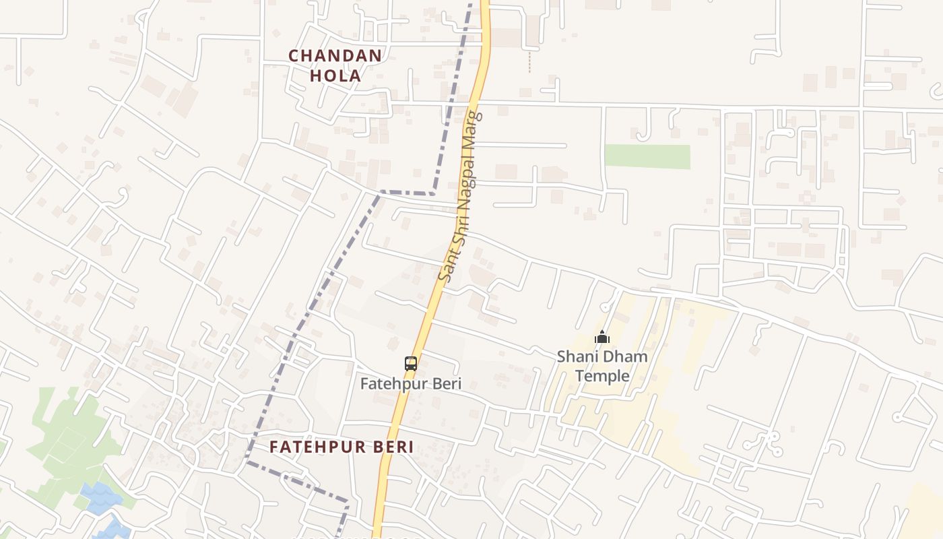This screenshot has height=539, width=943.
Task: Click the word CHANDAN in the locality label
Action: [x=335, y=56]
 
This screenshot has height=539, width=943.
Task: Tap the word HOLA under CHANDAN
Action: [x=335, y=76]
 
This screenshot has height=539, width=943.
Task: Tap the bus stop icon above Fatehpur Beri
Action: [x=411, y=364]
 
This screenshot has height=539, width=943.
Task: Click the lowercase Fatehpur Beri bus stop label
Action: [x=411, y=384]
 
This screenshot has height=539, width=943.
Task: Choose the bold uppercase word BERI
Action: [x=393, y=447]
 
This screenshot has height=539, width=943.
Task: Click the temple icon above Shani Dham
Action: [x=602, y=337]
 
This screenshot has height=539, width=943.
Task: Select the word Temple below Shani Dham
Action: [x=602, y=376]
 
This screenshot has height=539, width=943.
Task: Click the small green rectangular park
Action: [x=647, y=156]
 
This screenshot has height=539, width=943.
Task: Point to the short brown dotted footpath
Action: [x=529, y=62]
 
